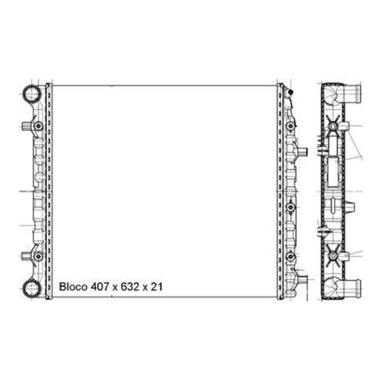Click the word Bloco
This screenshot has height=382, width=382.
pos(73,286)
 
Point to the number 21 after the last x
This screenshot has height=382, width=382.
pos(157,286)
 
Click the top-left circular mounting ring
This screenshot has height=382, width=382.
pos(32,94)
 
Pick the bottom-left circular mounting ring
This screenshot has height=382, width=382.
pos(32,288)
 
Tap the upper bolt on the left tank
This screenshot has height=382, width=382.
pos(38,126)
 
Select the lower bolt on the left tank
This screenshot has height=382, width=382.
pos(38,256)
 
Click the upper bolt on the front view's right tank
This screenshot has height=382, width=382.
pos(290,126)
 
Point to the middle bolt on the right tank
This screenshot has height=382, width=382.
pos(290,208)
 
